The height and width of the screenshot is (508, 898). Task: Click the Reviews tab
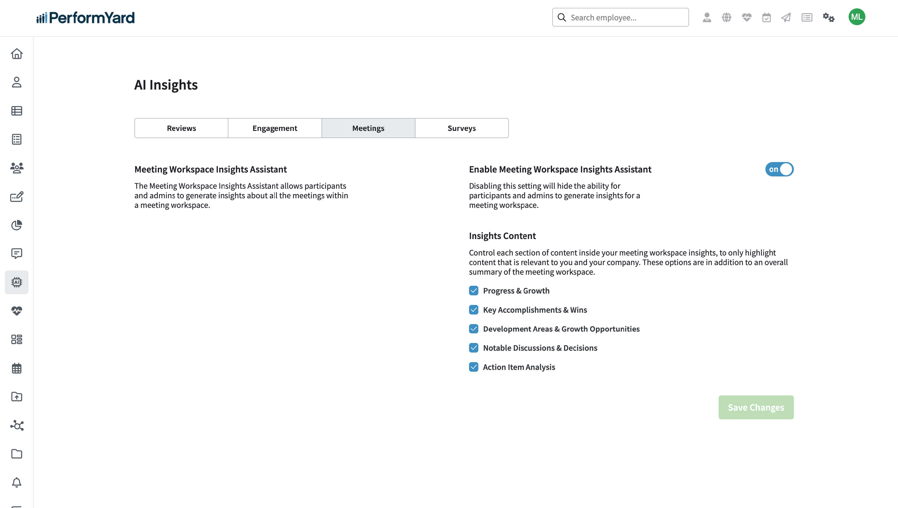[x=181, y=128]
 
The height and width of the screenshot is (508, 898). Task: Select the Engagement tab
[x=275, y=128]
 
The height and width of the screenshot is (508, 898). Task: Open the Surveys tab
[x=462, y=128]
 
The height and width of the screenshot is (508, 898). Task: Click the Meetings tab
[x=368, y=128]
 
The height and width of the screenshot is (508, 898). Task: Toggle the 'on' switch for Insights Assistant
[x=779, y=169]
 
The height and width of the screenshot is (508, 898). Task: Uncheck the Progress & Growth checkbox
[x=474, y=291]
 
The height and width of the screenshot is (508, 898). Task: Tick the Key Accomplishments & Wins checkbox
[x=474, y=310]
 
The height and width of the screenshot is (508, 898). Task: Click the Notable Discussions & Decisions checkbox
[x=474, y=348]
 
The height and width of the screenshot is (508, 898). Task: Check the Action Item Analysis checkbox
[x=474, y=367]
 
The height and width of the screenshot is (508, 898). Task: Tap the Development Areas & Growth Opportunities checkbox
[x=474, y=329]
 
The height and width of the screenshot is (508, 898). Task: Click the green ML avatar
[x=856, y=17]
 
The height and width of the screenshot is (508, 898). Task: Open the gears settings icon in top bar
[x=829, y=17]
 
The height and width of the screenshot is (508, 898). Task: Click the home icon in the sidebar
[x=17, y=54]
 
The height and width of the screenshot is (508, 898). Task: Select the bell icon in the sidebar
[x=17, y=482]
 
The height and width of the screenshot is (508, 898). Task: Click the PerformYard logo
[x=85, y=17]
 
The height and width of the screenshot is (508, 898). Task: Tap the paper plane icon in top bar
[x=786, y=17]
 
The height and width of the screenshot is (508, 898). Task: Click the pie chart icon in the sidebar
[x=17, y=225]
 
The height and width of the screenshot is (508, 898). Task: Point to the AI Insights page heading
[x=166, y=85]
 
